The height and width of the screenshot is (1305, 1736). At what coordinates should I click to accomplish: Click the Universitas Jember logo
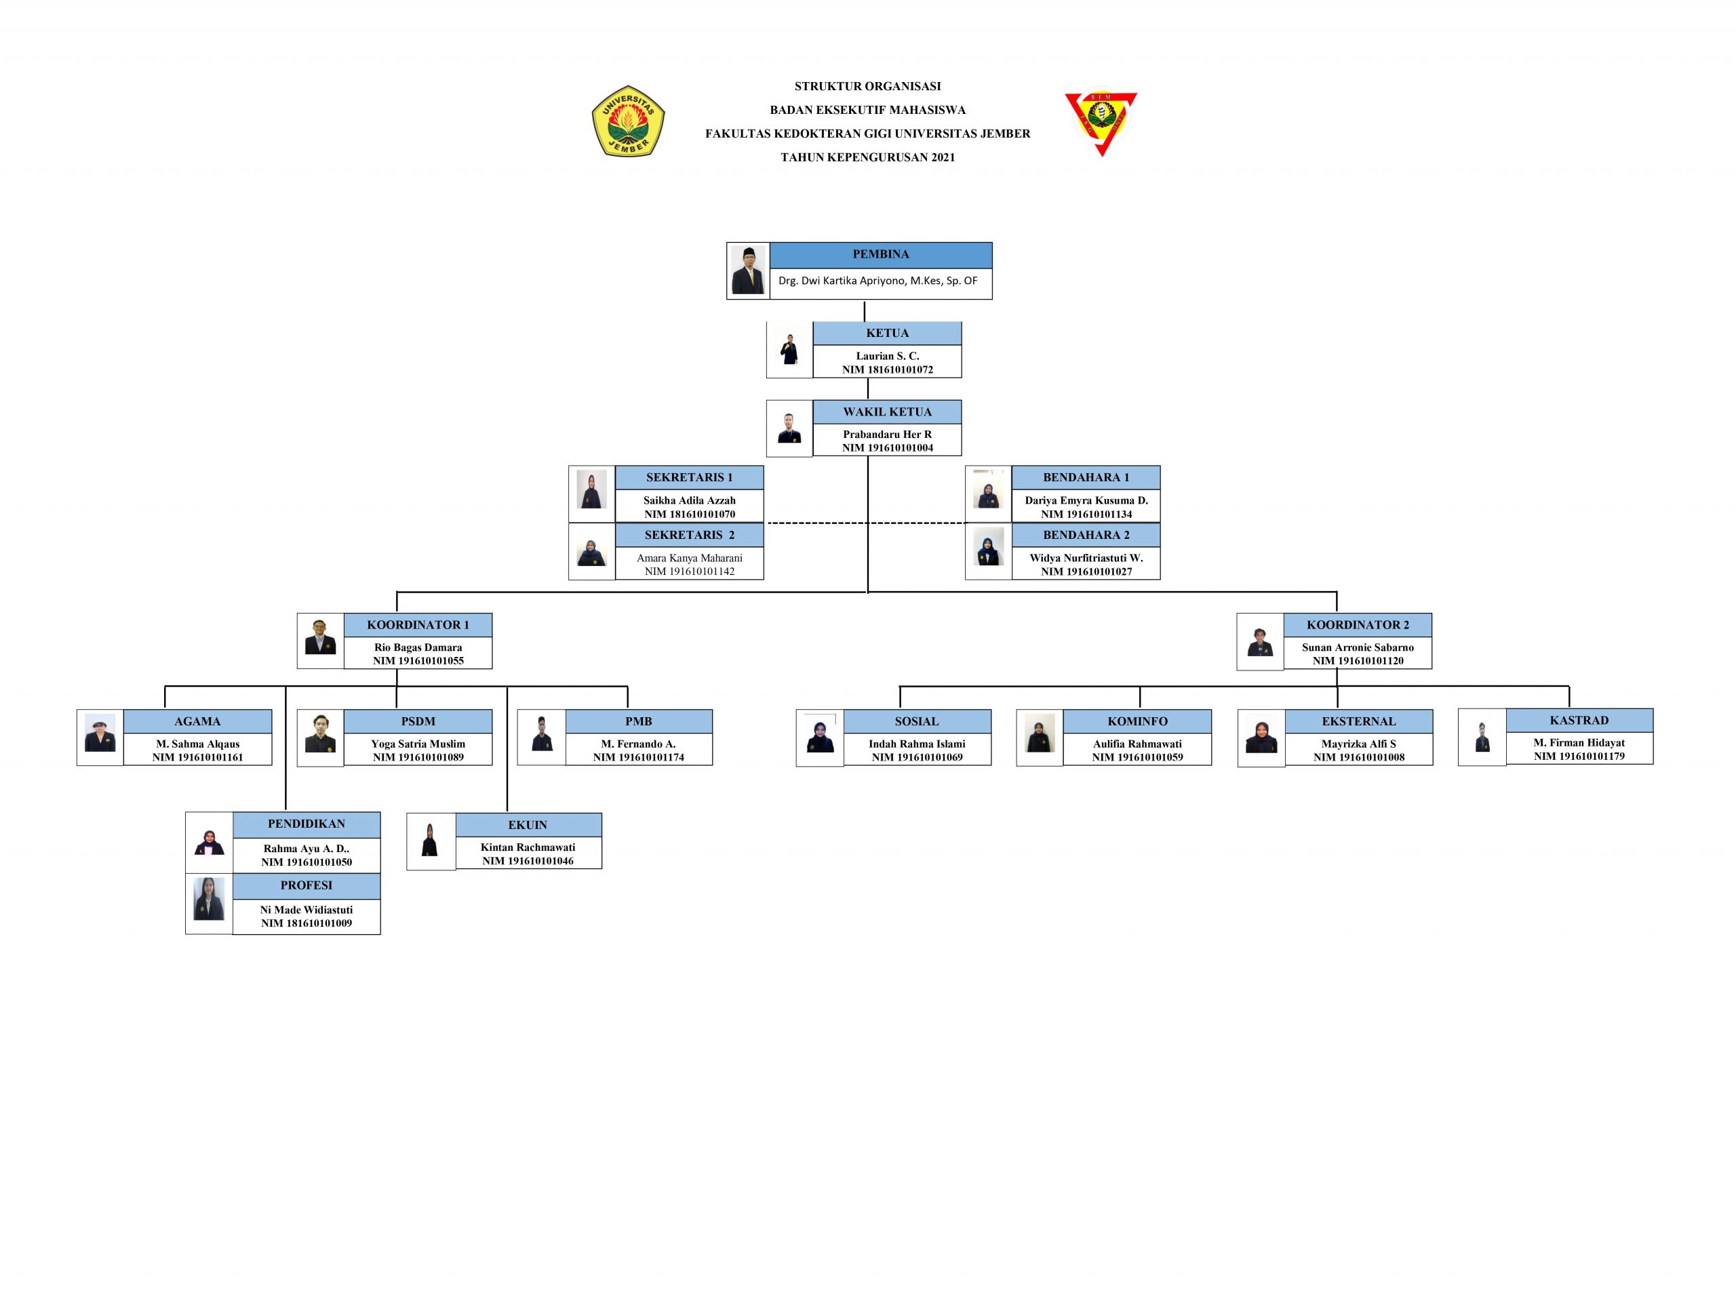(628, 121)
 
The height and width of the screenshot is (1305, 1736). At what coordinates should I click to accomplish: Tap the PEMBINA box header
(881, 255)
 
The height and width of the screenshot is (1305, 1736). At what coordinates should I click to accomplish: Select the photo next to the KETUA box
(789, 350)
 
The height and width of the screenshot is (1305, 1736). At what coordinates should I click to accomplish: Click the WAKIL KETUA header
(887, 412)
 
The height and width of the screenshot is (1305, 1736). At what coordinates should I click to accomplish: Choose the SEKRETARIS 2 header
(689, 535)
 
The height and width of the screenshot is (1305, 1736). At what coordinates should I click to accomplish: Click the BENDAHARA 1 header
(1086, 478)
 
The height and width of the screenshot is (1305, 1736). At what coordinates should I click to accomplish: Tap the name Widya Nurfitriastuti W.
(1086, 558)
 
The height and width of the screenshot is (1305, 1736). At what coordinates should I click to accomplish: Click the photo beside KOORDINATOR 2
(1260, 642)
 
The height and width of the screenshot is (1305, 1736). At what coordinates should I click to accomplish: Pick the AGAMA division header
(197, 722)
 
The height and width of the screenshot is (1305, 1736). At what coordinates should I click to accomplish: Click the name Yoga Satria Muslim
(418, 744)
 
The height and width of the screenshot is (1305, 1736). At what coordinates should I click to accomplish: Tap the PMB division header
(638, 722)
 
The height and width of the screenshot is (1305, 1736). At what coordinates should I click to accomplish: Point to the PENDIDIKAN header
(306, 824)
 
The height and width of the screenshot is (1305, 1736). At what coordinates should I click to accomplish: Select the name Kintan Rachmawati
(528, 847)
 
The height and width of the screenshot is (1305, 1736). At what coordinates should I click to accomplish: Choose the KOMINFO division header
(1137, 722)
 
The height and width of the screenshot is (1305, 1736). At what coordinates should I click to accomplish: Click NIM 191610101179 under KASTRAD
(1579, 757)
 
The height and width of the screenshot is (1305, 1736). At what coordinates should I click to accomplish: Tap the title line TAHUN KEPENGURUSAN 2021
(867, 158)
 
